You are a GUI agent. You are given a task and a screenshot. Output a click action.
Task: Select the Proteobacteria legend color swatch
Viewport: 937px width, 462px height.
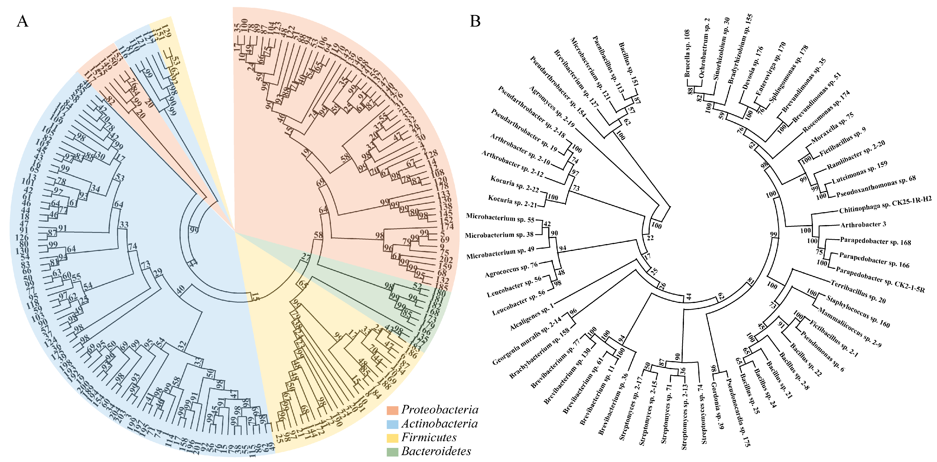point(392,410)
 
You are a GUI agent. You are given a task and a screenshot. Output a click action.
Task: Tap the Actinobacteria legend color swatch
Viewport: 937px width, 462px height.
point(392,424)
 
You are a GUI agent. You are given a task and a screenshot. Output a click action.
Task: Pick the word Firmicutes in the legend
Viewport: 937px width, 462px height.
point(429,438)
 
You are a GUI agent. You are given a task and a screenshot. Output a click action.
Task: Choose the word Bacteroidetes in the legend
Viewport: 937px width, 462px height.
point(436,451)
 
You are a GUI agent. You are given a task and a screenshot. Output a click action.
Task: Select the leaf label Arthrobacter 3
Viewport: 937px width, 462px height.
point(863,225)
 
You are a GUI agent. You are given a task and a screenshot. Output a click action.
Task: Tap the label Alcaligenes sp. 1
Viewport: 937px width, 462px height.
point(531,317)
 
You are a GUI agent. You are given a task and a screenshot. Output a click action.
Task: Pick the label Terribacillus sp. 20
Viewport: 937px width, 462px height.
point(858,292)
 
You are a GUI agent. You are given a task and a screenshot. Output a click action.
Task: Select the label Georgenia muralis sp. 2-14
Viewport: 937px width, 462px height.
point(527,341)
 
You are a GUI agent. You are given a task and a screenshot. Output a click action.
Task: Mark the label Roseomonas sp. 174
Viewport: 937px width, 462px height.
point(826,112)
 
